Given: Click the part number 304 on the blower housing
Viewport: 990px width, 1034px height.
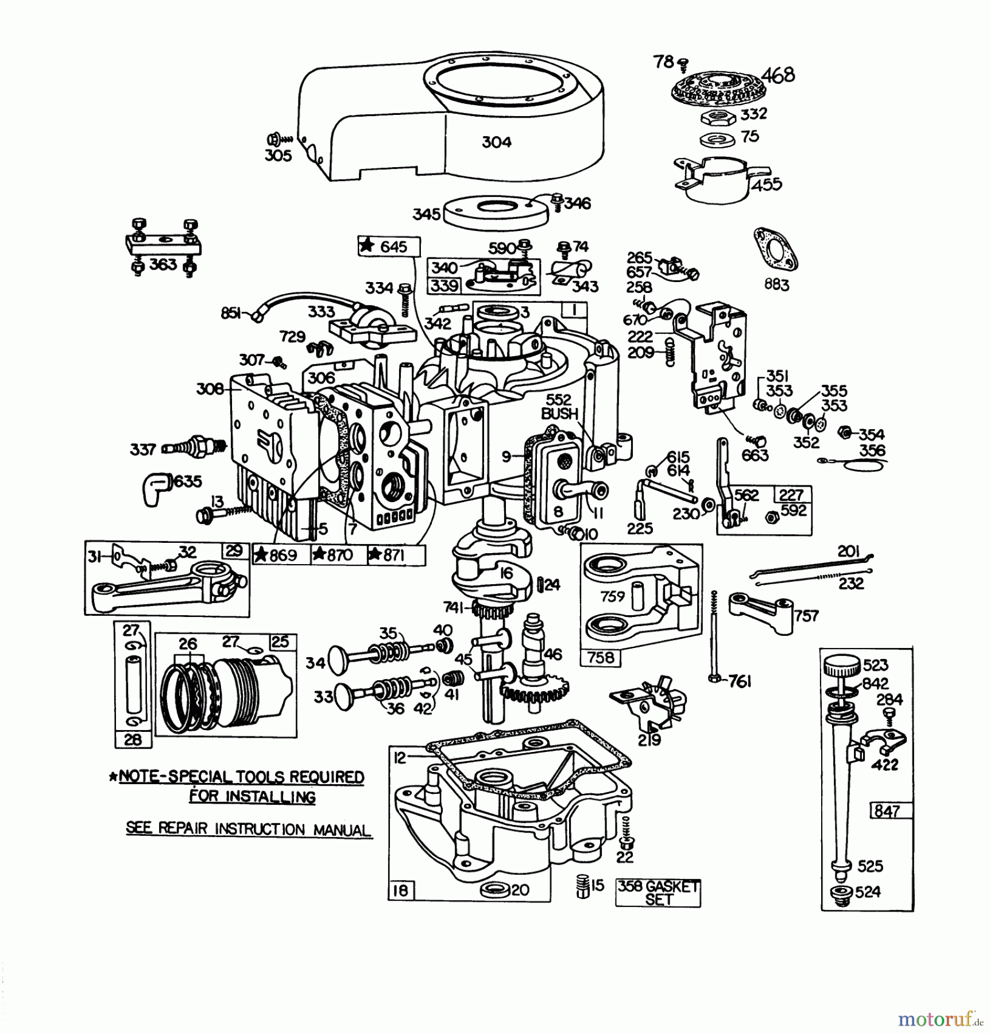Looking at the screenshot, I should (x=496, y=142).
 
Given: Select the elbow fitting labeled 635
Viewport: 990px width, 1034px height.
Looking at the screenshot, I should (x=156, y=488).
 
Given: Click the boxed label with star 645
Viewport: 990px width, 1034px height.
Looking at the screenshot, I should (x=388, y=246).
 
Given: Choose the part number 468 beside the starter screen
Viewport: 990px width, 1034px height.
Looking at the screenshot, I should (x=778, y=75).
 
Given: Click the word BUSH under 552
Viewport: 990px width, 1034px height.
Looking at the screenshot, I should (x=559, y=413).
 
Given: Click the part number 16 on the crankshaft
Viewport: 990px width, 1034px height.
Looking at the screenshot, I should (x=506, y=573).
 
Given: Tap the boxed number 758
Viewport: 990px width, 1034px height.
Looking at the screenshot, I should (x=600, y=657).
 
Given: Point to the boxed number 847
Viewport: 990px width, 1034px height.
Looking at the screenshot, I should (x=887, y=811).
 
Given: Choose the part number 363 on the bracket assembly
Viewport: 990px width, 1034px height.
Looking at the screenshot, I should (x=163, y=264).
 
